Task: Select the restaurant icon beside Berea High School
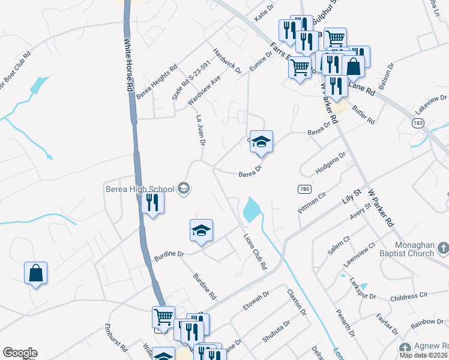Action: [x=152, y=203]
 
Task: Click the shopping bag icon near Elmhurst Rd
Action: [x=35, y=272]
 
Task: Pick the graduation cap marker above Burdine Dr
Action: [x=201, y=230]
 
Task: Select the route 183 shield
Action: [x=417, y=122]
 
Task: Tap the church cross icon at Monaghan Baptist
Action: [x=442, y=248]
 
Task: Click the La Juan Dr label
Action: [x=201, y=131]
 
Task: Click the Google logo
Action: [x=19, y=353]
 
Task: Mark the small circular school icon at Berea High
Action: [x=184, y=189]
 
